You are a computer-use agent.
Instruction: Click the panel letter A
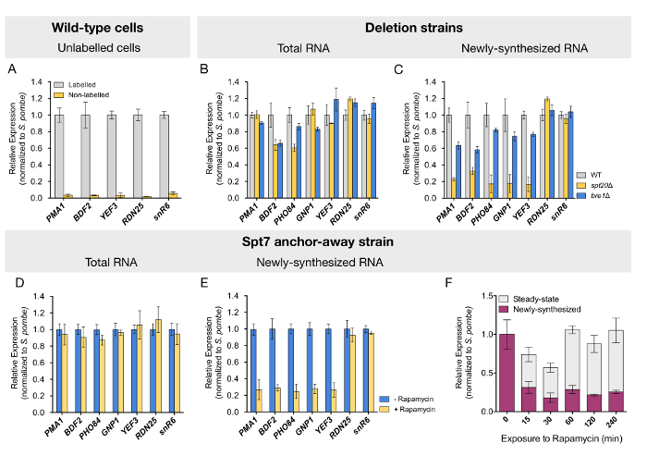click(11, 69)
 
